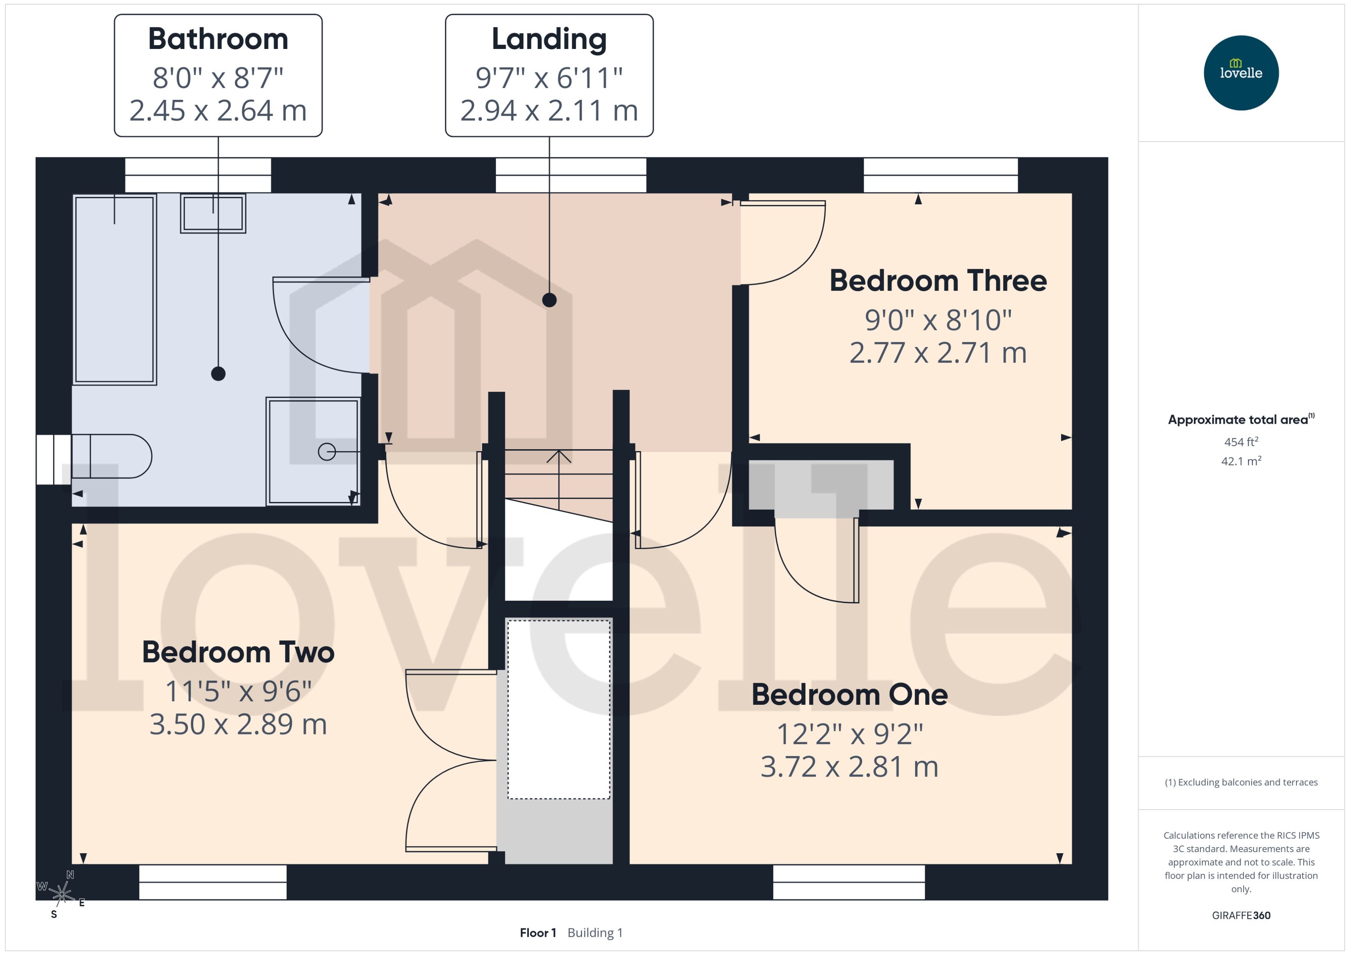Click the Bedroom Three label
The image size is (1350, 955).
coord(938,281)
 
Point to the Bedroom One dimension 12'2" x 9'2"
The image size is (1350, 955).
coord(849,734)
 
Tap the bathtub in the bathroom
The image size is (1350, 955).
coord(114,289)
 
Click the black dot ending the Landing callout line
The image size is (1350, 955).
coord(549,300)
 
